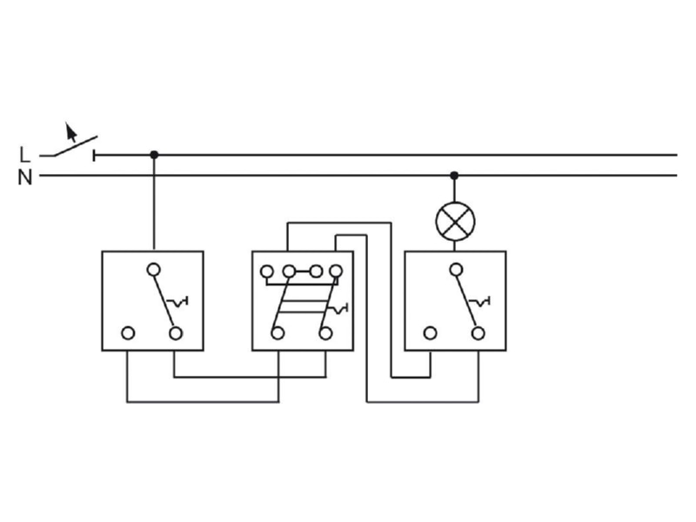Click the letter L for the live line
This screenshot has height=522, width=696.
coord(25,155)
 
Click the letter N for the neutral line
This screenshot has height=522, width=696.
coord(25,178)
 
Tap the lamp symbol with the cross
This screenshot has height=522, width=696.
coord(455,221)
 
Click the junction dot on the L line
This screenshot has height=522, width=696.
coord(154,155)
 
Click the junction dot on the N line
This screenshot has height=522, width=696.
coord(454,176)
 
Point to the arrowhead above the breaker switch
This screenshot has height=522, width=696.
coord(70,131)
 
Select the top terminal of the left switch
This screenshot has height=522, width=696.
coord(154,270)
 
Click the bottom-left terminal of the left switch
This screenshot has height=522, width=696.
coord(128,333)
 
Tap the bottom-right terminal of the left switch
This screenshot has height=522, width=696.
coord(176,333)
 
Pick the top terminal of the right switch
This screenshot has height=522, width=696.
coord(456,270)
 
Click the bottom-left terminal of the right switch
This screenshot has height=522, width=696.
coord(430,333)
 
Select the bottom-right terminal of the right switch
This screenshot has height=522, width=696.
coord(478,333)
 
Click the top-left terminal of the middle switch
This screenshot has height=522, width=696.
coord(267,271)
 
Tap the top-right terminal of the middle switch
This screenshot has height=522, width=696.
coord(336,271)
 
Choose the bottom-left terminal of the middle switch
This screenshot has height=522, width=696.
coord(278,333)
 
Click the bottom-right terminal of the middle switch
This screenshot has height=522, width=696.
coord(325,333)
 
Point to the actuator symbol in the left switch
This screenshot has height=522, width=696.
coord(177,301)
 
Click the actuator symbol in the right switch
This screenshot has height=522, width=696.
coord(479,301)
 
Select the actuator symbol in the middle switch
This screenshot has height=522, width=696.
coord(338,309)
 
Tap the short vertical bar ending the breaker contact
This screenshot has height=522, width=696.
coord(94,156)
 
